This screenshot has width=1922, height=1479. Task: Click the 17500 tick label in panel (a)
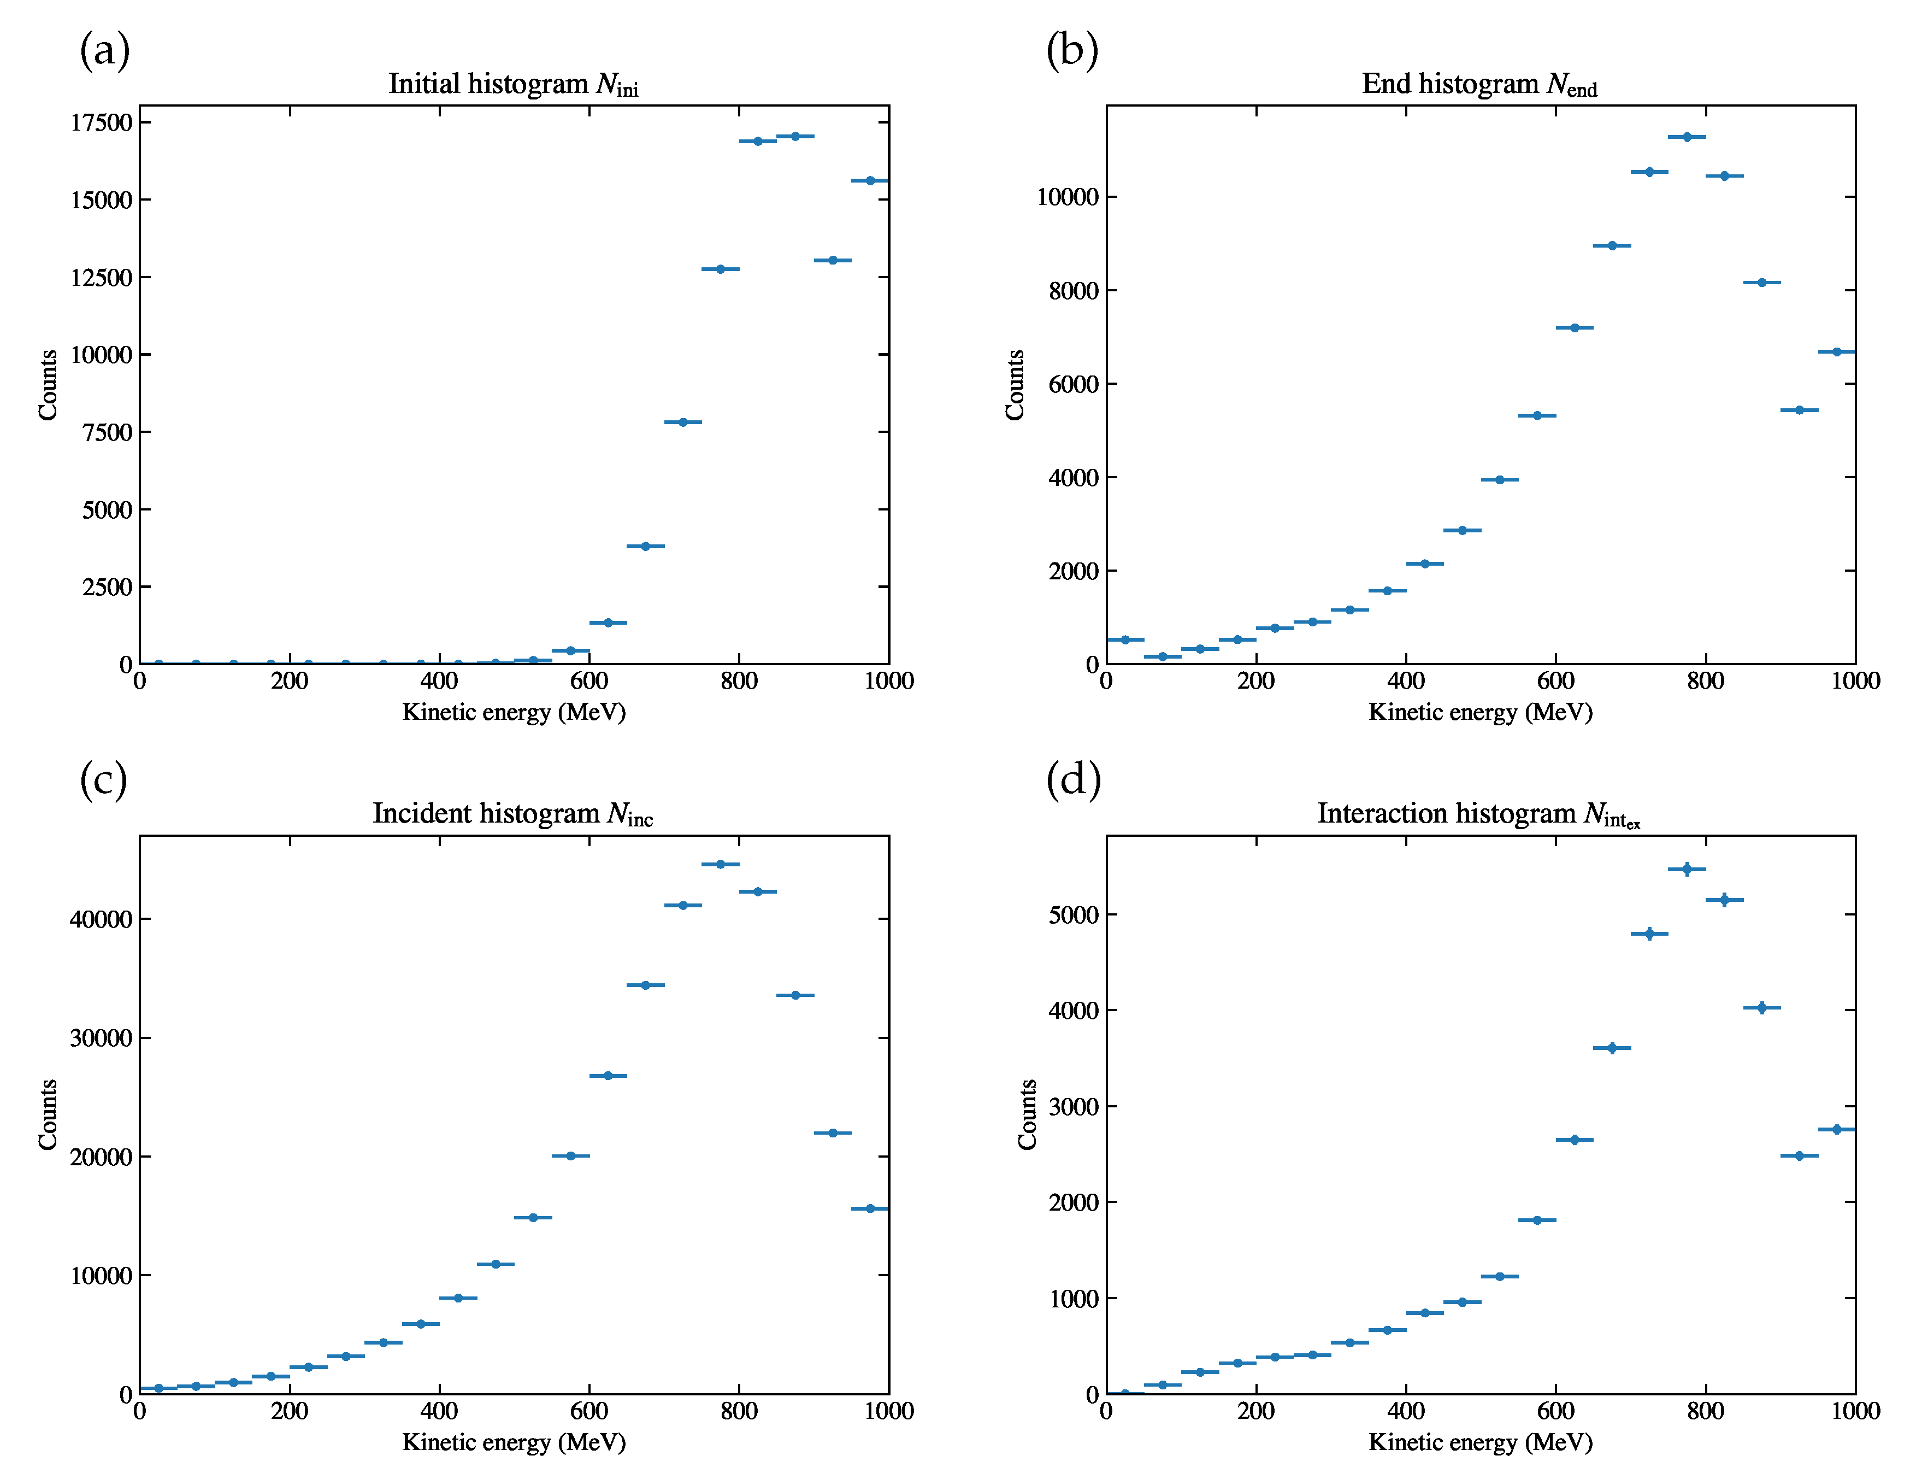(101, 122)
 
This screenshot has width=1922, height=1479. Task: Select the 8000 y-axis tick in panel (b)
(1074, 291)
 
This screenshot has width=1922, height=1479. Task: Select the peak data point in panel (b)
(1687, 137)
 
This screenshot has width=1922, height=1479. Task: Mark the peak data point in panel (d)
(1687, 870)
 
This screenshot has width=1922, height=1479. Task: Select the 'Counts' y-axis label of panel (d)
(1027, 1114)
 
